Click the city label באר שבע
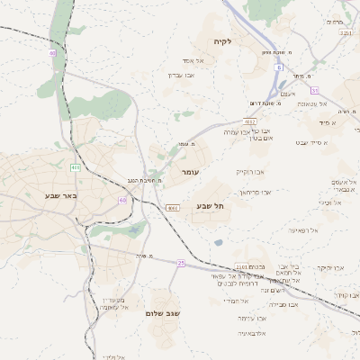[61, 194]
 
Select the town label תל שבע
[210, 207]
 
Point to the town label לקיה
[222, 41]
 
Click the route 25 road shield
[180, 263]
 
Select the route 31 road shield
[315, 90]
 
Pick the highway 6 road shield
[280, 67]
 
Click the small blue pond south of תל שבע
[219, 242]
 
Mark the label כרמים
[335, 22]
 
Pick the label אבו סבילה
[283, 304]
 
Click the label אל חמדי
[234, 300]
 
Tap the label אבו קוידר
[347, 294]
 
